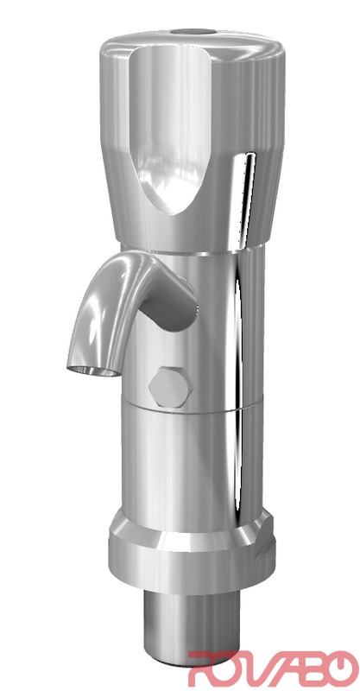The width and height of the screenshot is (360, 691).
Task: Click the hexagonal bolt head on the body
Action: point(170,386)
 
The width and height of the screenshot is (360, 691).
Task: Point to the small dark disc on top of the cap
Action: point(193,32)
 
